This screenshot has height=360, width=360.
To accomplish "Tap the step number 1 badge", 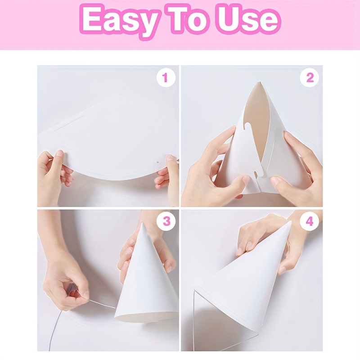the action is coord(166,77).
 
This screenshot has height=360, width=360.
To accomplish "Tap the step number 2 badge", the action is coord(309,77).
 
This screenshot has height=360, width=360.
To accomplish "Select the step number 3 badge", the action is coord(166,221).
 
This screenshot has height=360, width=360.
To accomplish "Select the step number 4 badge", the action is coord(309,221).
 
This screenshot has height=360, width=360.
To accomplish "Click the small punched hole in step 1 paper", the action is coord(158,162).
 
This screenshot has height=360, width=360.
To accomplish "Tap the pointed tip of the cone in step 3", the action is coord(142,223).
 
